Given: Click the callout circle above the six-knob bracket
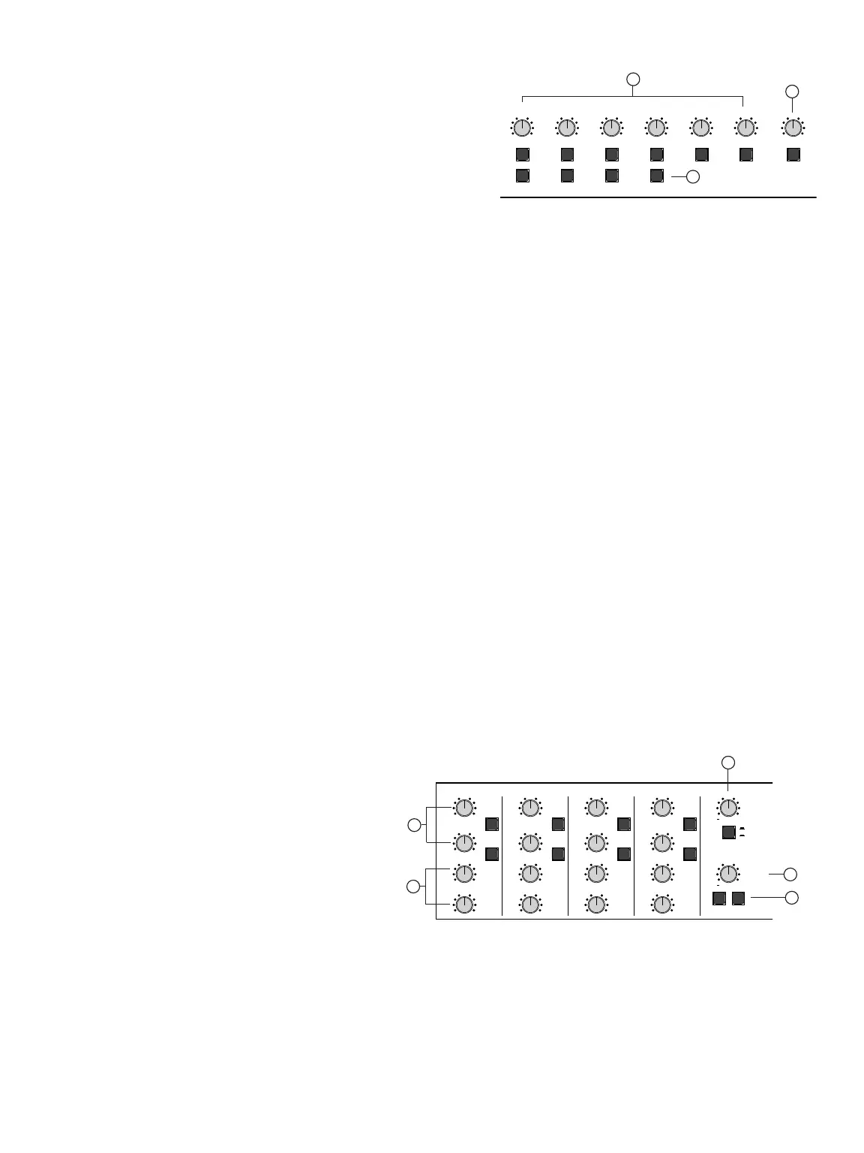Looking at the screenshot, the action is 634,78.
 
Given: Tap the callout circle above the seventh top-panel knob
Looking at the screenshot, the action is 792,92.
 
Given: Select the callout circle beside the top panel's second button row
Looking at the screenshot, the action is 693,177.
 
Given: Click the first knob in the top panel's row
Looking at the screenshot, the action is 523,128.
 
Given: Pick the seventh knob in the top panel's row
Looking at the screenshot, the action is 793,128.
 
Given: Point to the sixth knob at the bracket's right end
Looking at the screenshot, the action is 745,128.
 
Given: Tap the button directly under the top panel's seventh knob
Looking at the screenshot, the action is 793,155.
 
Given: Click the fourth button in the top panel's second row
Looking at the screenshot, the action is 656,176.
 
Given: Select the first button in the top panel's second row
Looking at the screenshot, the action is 523,176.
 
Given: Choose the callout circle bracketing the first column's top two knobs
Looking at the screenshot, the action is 413,826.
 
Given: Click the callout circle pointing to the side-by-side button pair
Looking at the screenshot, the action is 790,897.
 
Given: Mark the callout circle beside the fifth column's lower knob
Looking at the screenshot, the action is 790,875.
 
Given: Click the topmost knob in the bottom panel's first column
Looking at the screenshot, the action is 464,808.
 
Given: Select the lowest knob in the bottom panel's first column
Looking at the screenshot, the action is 464,905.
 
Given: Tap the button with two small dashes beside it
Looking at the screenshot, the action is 728,832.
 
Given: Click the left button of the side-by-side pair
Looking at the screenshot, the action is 719,898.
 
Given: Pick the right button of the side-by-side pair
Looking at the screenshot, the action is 739,898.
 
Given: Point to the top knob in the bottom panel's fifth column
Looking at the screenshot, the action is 728,808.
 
